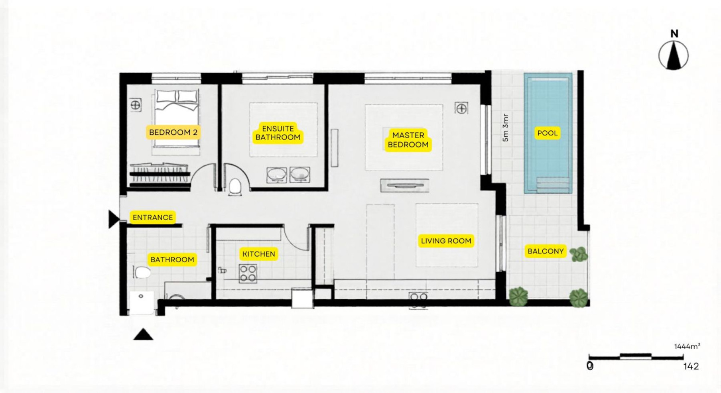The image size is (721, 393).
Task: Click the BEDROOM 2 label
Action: click(x=173, y=132)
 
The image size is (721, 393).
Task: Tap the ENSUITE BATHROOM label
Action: click(x=278, y=133)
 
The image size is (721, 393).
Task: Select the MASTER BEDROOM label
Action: click(x=408, y=140)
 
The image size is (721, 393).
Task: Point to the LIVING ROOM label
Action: click(x=446, y=241)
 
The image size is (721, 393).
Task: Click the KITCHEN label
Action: click(x=258, y=254)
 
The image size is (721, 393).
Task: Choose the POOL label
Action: click(x=547, y=133)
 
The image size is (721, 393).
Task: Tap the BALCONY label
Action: click(x=546, y=251)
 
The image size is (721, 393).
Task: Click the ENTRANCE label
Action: click(x=153, y=217)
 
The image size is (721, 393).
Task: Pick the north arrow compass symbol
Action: click(x=674, y=51)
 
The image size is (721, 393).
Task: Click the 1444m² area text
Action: click(x=687, y=346)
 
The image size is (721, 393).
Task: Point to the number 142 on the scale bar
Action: click(x=691, y=366)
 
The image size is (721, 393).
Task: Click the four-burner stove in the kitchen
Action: click(x=248, y=273)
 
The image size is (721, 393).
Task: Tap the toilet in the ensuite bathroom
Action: click(x=235, y=187)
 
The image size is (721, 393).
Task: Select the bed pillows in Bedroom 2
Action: click(x=177, y=97)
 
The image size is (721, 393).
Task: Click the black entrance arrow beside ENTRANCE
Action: click(x=114, y=219)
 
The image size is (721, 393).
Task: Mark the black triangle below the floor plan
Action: click(x=143, y=334)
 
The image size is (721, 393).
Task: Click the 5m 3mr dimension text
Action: click(x=506, y=128)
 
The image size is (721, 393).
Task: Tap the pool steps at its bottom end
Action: click(x=553, y=185)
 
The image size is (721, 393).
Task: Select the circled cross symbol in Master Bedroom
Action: click(x=461, y=108)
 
